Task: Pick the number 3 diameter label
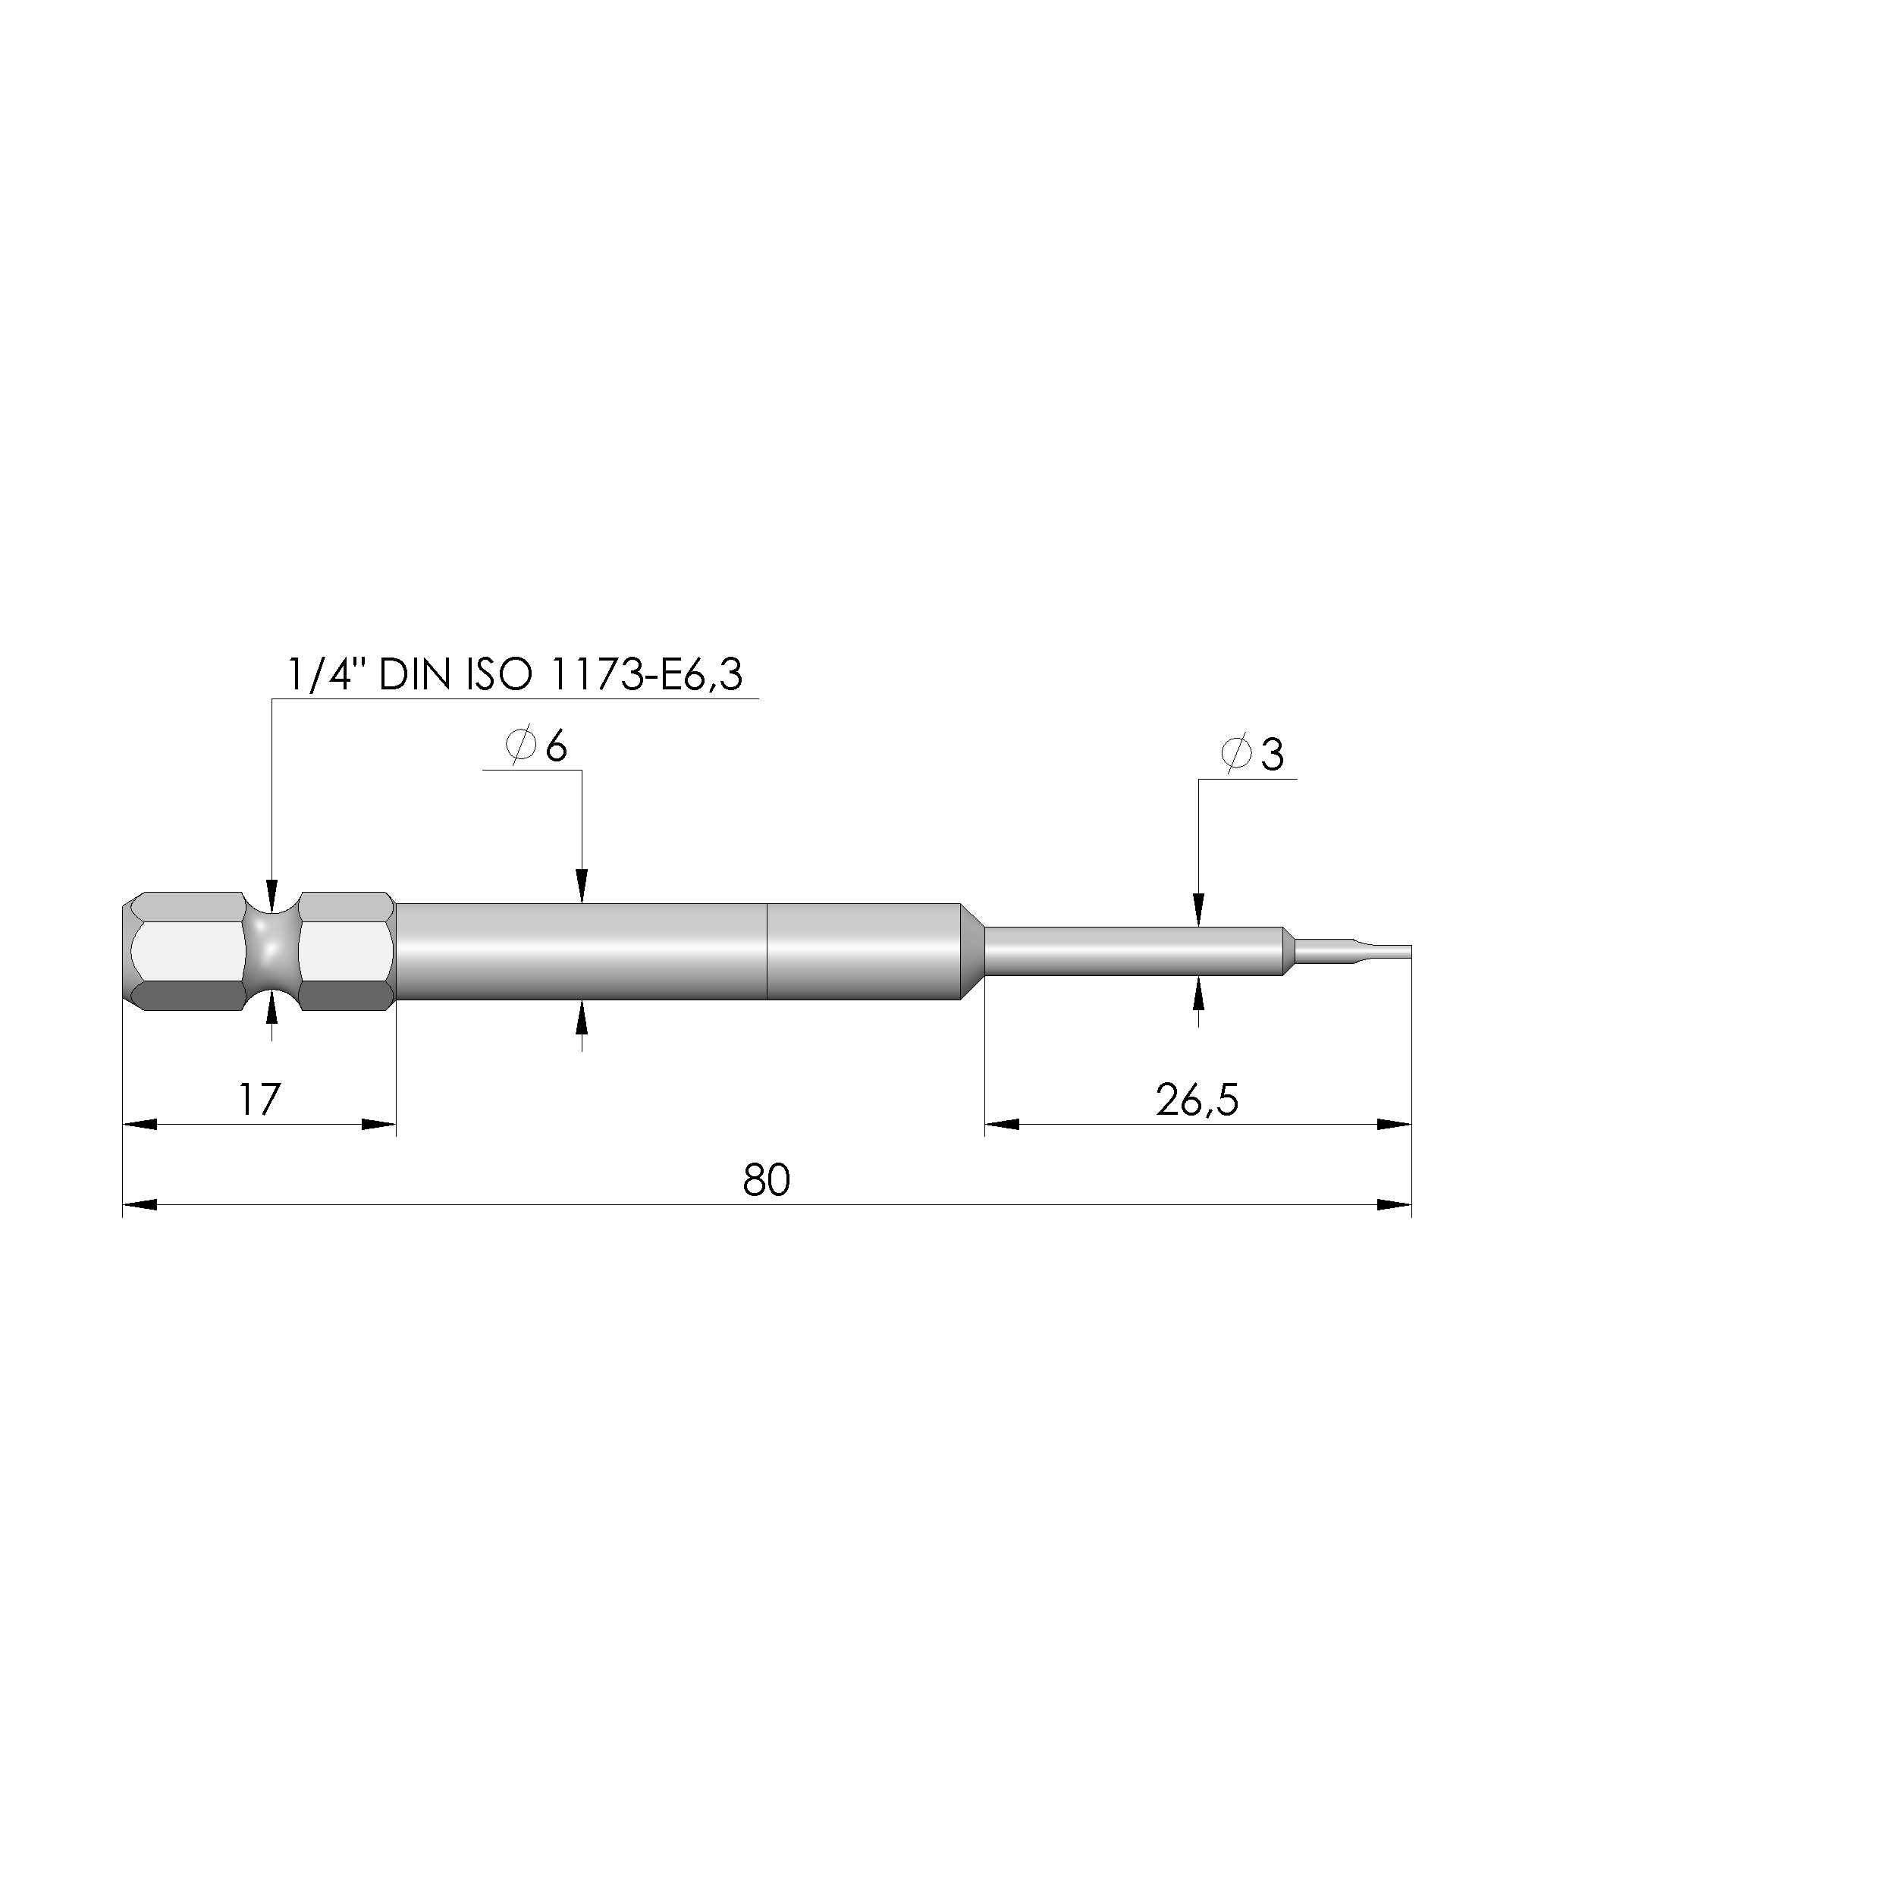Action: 1272,755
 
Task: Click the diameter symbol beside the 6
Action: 521,746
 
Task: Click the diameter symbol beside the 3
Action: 1235,754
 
